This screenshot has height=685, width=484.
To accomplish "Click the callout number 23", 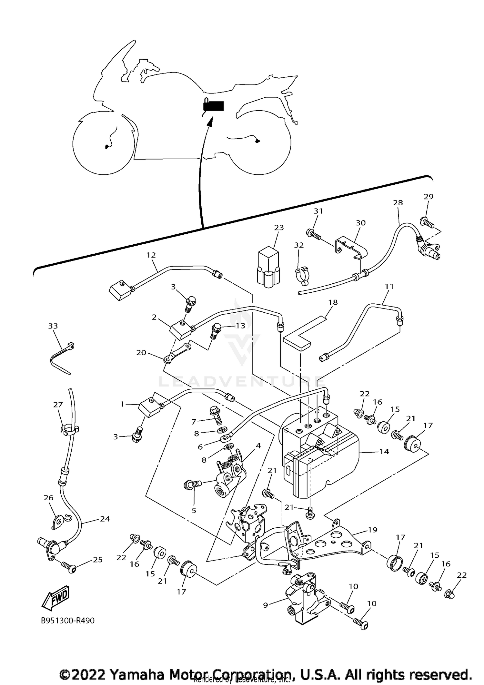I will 279,228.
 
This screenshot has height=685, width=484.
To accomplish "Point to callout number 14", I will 384,452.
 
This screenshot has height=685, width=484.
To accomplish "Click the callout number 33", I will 53,326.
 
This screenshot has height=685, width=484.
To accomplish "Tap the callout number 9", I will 266,605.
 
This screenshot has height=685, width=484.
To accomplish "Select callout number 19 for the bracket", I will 372,530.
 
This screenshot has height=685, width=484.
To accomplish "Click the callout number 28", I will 398,203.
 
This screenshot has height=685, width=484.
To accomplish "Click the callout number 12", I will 151,255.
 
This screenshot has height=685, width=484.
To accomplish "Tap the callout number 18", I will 333,302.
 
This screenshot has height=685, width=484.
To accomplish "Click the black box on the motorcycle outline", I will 213,106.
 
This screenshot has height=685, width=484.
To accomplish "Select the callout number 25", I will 97,560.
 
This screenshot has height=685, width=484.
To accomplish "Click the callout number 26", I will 48,498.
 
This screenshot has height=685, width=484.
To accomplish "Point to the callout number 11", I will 389,286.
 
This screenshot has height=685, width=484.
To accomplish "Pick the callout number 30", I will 360,223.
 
